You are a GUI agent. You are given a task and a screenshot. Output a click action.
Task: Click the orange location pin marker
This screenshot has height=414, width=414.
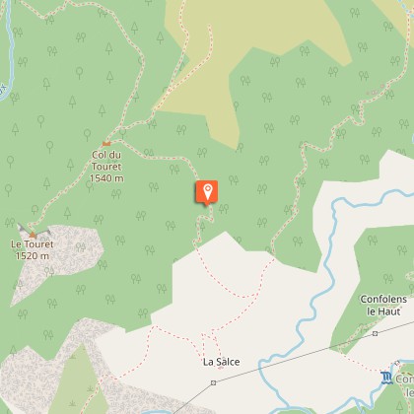click(x=207, y=192)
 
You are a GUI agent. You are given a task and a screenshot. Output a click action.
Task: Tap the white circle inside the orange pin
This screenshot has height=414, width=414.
click(x=207, y=189)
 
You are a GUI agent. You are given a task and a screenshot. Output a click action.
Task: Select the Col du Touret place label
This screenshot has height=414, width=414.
click(x=105, y=167)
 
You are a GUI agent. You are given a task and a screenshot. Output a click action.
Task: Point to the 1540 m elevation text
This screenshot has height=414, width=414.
click(x=105, y=178)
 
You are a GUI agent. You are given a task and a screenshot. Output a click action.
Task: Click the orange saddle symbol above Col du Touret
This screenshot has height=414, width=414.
click(x=106, y=144)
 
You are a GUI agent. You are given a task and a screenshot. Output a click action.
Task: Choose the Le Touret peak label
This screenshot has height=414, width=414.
click(x=33, y=244)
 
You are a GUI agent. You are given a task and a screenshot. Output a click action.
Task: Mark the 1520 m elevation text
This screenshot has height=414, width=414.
click(x=33, y=256)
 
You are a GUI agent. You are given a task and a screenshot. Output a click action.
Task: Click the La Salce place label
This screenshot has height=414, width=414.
click(x=222, y=362)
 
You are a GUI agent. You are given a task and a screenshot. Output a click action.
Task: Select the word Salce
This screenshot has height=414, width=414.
click(x=228, y=362)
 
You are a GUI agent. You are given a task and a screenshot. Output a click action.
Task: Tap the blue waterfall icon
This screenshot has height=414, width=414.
click(x=385, y=378)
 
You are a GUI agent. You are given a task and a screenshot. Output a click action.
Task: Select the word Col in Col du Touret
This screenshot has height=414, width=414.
click(x=97, y=155)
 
